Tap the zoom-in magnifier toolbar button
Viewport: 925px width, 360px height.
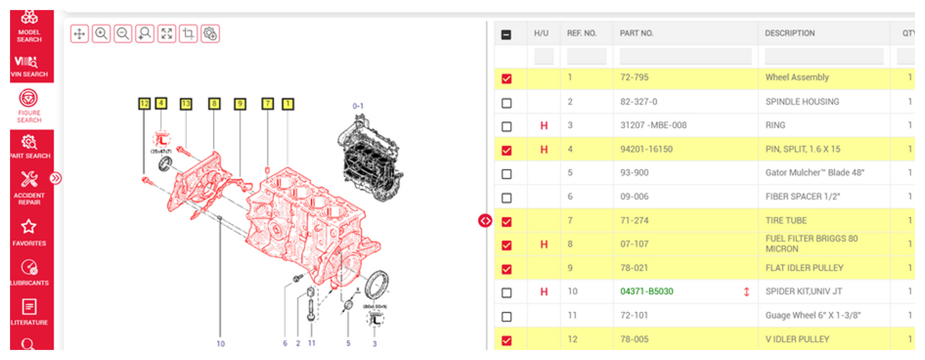coord(101,34)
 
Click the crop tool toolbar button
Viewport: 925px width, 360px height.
coord(188,34)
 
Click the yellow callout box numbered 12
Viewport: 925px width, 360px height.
coord(144,104)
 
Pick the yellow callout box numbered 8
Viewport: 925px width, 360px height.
coord(214,104)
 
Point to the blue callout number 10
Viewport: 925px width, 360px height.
coord(221,344)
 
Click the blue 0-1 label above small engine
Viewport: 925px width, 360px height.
coord(358,106)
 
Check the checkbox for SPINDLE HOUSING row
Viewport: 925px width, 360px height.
coord(507,103)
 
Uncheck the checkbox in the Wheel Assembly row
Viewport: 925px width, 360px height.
coord(507,79)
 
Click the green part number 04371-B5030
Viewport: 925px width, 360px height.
coord(647,291)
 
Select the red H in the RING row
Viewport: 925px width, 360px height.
coord(544,125)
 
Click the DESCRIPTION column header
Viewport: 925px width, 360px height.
coord(790,33)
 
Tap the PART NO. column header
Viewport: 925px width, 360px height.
coord(636,33)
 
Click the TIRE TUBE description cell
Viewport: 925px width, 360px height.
coord(786,220)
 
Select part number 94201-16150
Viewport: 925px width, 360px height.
coord(646,149)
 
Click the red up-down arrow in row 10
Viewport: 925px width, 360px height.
coord(747,292)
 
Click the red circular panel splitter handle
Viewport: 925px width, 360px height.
coord(485,220)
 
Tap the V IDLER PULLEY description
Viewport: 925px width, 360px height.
coord(797,339)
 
